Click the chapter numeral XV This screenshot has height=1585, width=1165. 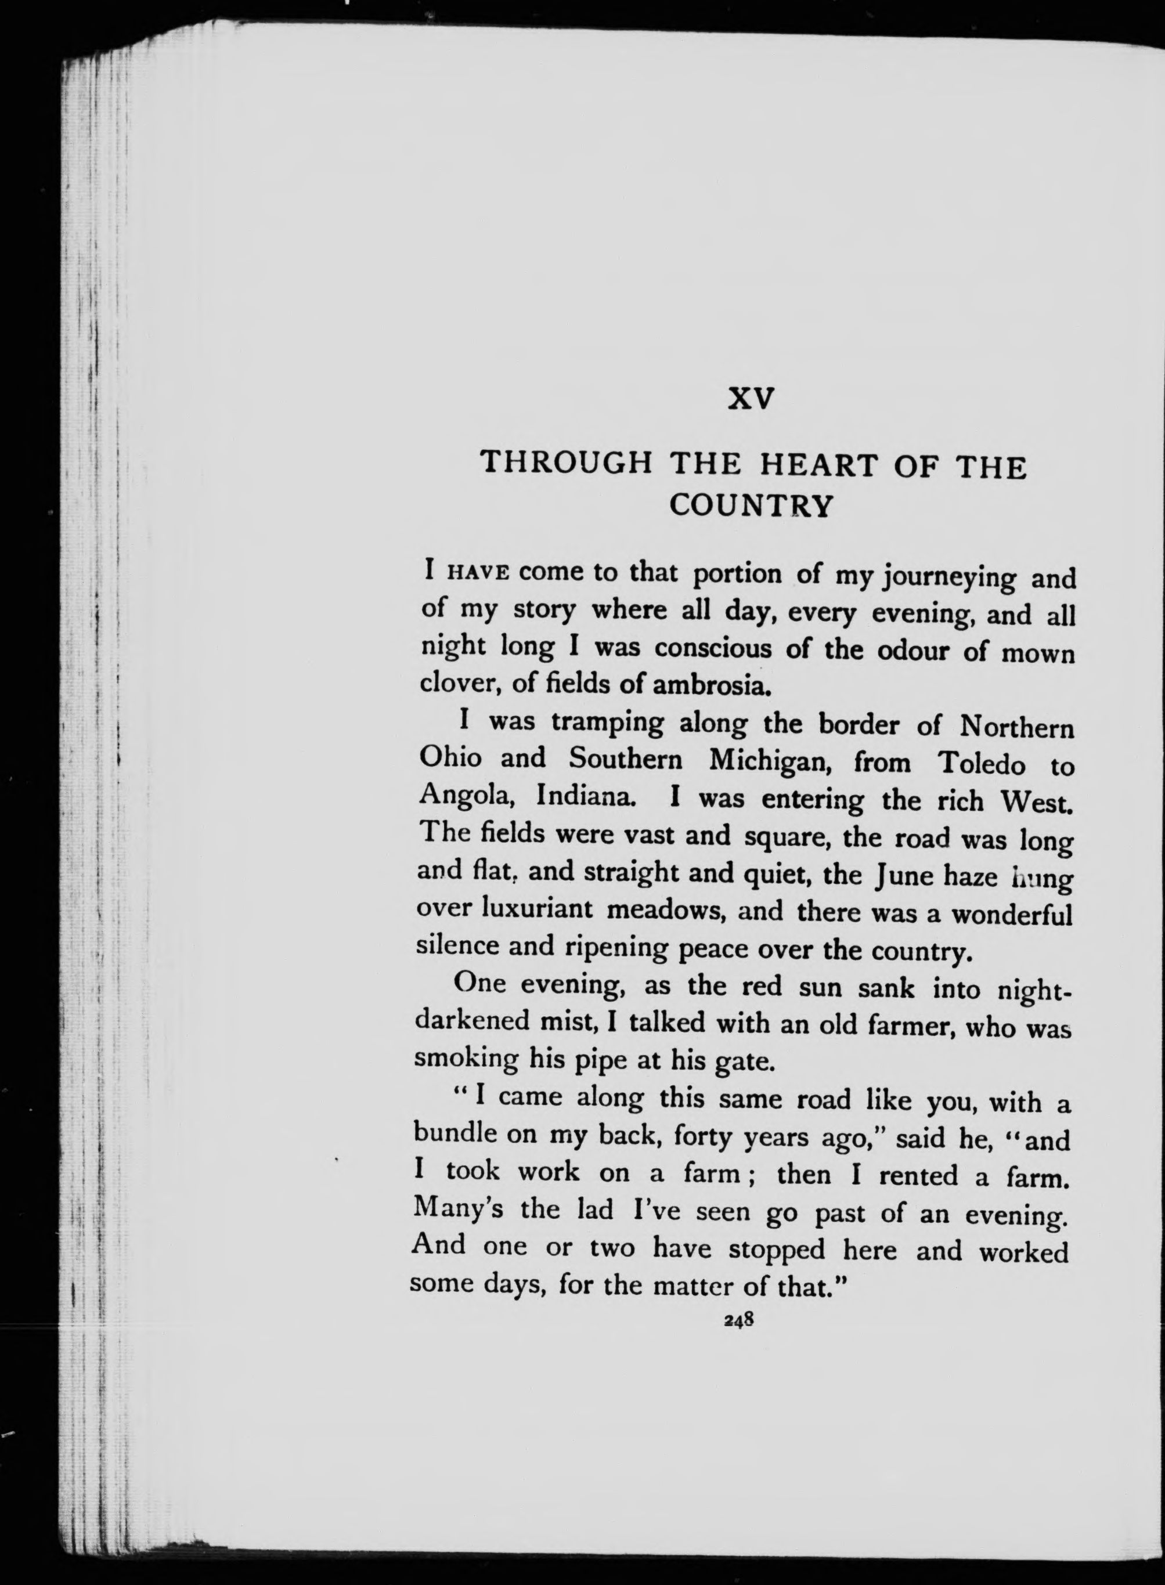point(751,399)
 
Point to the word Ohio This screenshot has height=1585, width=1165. point(450,759)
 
